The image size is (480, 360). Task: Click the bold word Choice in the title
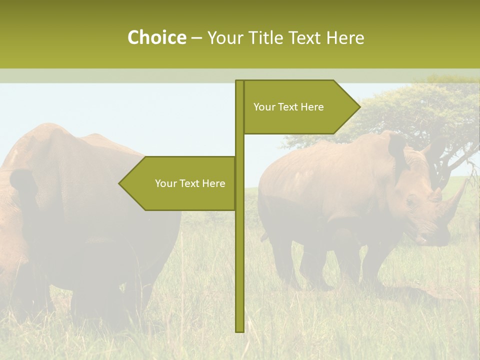[156, 37]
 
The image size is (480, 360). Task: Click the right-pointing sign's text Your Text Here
[288, 107]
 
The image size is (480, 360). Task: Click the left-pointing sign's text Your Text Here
[190, 183]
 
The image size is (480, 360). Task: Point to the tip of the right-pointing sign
[359, 106]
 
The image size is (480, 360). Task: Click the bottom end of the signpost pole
[239, 330]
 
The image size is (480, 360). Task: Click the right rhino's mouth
[425, 240]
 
